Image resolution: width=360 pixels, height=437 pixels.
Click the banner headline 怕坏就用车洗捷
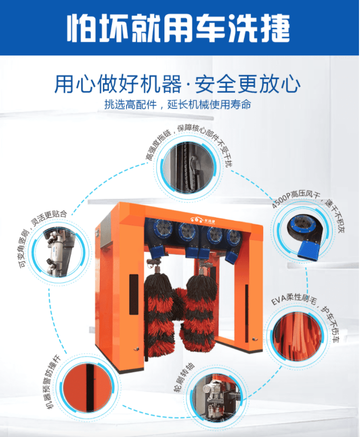pos(178,28)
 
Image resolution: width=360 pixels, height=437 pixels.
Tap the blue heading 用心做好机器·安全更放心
pos(177,84)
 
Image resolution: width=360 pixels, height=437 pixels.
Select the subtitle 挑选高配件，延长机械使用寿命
pos(177,105)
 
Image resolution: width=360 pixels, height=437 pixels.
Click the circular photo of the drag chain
pos(189,167)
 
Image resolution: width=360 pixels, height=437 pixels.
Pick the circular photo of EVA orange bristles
pos(296,336)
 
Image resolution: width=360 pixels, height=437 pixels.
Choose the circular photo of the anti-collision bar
pos(87,387)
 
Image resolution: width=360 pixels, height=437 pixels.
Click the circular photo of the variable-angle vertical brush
pos(58,253)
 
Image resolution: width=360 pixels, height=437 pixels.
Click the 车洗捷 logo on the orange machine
pos(203,220)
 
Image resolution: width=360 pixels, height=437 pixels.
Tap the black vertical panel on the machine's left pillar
pos(134,294)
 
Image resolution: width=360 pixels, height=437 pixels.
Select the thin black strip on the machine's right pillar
pos(247,313)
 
